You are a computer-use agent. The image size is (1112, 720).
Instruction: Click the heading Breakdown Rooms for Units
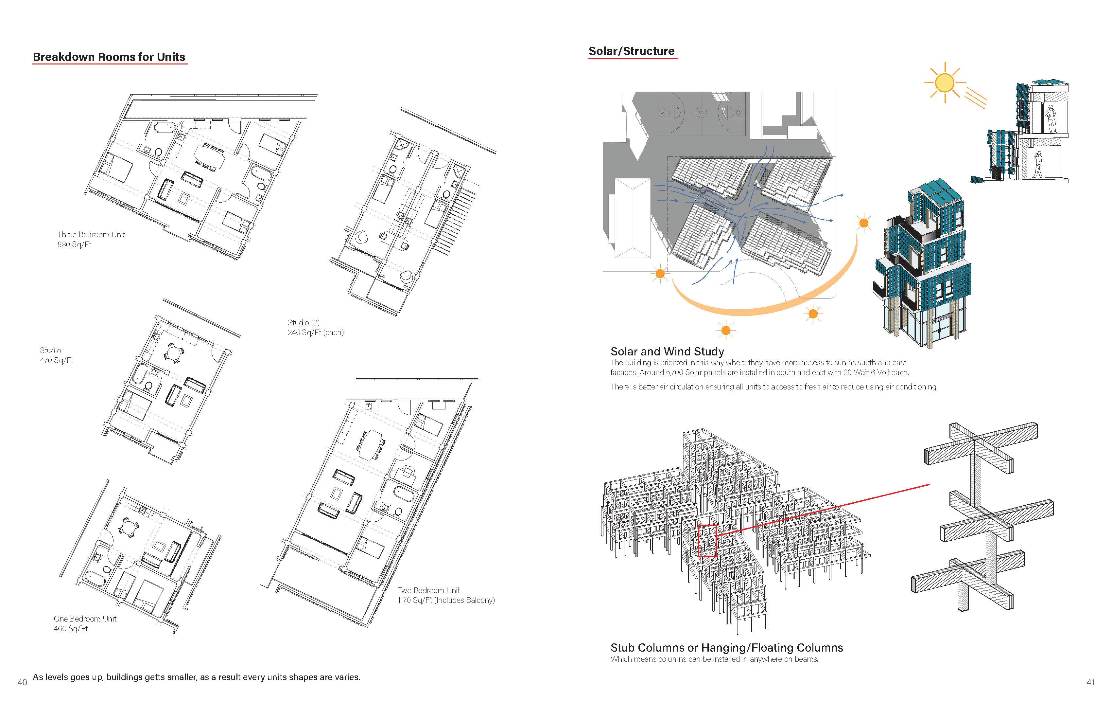click(109, 57)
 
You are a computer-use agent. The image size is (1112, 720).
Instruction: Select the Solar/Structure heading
click(631, 51)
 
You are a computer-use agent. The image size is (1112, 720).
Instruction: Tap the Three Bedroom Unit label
click(91, 235)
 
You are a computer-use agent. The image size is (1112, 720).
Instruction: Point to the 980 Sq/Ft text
click(74, 244)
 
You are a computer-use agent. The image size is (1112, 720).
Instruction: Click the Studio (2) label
click(304, 323)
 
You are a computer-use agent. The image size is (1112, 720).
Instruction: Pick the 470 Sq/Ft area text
click(57, 360)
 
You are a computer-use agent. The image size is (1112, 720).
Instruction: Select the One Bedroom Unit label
click(85, 619)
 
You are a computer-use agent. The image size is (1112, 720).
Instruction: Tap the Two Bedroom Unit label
click(428, 590)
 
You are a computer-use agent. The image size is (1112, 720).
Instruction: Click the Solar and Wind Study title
click(667, 351)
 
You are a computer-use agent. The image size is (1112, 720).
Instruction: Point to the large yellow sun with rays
click(944, 83)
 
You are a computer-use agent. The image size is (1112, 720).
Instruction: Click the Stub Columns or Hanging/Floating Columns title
click(726, 648)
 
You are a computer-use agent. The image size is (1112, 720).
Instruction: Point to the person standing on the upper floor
click(1051, 119)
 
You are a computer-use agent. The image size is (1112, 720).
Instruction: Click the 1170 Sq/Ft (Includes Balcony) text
click(446, 600)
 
